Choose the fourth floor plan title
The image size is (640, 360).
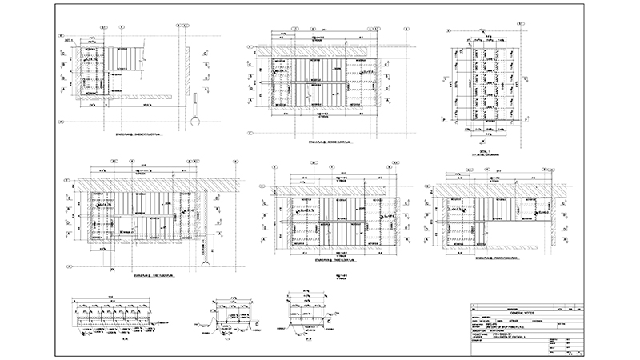pyautogui.click(x=491, y=260)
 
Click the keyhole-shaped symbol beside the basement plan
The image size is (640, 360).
pyautogui.click(x=194, y=117)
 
